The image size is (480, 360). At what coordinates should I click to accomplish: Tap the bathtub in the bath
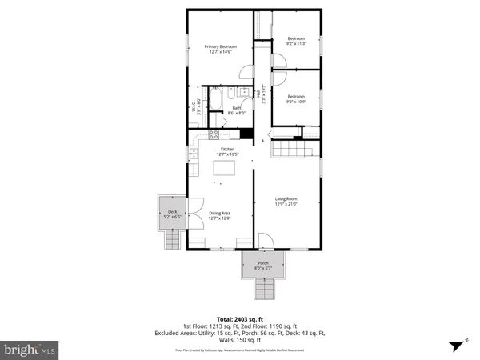tap(216, 102)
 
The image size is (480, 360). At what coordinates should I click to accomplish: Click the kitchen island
tap(226, 169)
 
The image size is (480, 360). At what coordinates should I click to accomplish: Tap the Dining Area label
tap(219, 214)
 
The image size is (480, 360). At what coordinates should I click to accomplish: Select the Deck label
tap(173, 214)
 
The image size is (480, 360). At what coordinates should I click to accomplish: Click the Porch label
tap(262, 266)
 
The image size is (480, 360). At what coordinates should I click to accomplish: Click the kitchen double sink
tap(192, 151)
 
